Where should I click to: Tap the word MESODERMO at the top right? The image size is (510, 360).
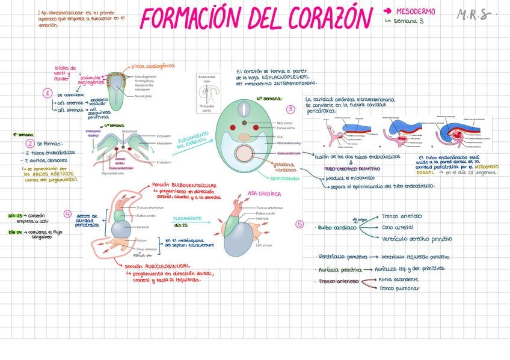(416, 11)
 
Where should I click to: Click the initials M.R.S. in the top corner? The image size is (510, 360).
(473, 14)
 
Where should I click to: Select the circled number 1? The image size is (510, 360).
(47, 93)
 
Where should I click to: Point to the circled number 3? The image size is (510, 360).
(290, 109)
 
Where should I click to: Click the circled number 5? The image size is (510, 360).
(300, 224)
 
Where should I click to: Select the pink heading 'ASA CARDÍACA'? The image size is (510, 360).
(265, 194)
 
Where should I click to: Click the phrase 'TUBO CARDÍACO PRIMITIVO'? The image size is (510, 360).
(352, 169)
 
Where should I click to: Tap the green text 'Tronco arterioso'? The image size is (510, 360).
(402, 216)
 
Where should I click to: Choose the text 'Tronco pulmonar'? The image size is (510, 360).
(400, 288)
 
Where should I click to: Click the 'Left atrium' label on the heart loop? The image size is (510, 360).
(263, 245)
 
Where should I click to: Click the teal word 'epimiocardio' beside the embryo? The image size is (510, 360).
(284, 178)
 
